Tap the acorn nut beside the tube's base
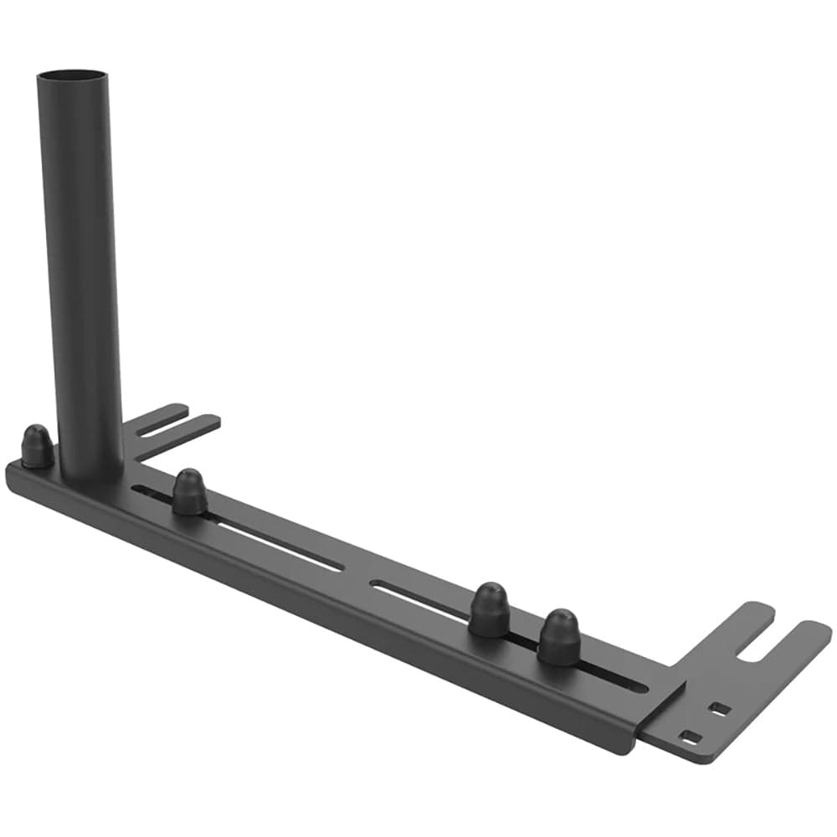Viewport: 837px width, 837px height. click(37, 446)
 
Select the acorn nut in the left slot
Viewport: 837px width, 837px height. click(190, 492)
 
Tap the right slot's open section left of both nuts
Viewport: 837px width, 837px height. click(418, 599)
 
